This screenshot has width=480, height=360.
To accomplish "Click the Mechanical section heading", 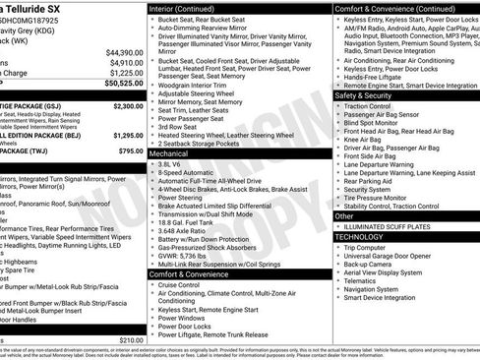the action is [168, 154].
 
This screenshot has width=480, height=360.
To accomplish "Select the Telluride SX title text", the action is [43, 7].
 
